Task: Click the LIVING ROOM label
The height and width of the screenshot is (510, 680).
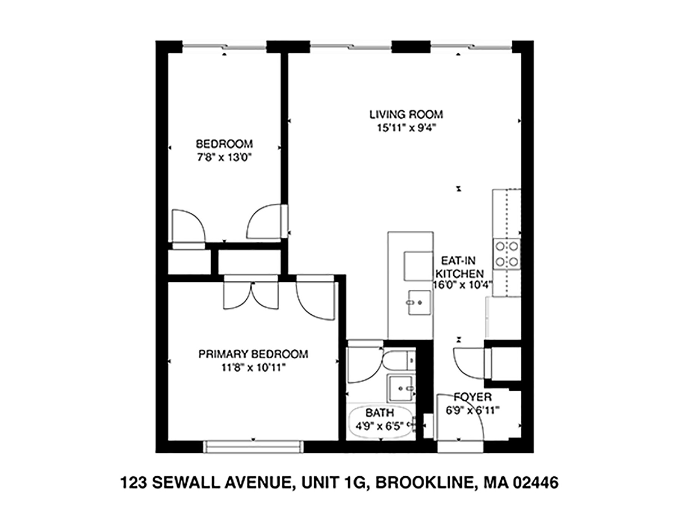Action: point(406,114)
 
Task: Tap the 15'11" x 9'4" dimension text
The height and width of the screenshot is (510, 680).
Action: point(406,128)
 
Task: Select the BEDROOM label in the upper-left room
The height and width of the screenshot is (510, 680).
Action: point(224,144)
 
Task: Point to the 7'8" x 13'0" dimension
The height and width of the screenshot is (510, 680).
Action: point(224,157)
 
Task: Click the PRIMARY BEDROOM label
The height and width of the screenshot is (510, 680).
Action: point(253,354)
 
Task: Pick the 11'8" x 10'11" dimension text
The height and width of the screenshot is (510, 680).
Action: point(253,367)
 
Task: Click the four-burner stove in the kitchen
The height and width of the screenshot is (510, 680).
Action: point(507,254)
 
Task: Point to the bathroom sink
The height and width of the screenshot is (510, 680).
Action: point(401,388)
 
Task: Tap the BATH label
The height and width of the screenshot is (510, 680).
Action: point(380,413)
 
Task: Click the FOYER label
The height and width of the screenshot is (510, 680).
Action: point(473,397)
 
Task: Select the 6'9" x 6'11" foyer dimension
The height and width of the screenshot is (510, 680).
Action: point(473,410)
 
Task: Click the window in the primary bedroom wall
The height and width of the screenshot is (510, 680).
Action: point(253,446)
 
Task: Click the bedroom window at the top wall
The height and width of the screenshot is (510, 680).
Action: point(225,47)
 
